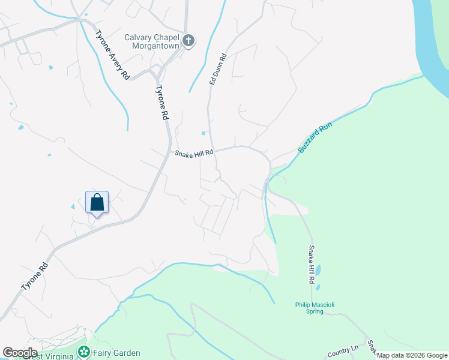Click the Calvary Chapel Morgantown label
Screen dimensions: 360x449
coord(152,41)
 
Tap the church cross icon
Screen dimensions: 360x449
coord(188,41)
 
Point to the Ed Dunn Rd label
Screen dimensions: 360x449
coord(217,69)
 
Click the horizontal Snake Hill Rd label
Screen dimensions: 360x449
coord(194,154)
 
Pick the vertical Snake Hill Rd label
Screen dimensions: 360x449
coord(312,264)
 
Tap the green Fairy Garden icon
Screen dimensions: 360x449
coord(85,352)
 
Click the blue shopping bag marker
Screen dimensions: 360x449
coord(97,203)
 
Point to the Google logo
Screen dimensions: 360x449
coord(20,353)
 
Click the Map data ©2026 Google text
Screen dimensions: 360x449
coord(412,356)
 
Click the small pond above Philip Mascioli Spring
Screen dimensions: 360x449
coord(318,269)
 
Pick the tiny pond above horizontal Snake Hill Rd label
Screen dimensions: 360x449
coord(204,133)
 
